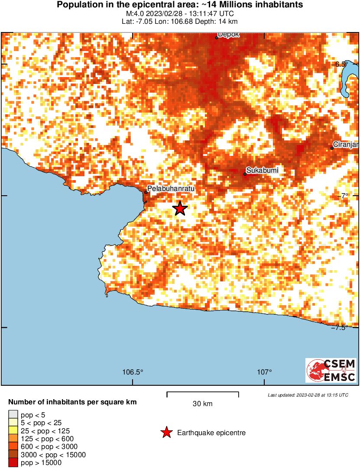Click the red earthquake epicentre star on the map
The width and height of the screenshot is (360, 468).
click(x=180, y=209)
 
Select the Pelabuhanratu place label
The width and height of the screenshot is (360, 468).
click(x=170, y=189)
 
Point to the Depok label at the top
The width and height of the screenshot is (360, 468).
click(x=229, y=35)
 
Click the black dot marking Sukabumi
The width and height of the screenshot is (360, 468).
click(x=245, y=174)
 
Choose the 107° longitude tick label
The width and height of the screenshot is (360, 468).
click(x=265, y=372)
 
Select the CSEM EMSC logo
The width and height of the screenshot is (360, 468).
click(x=331, y=370)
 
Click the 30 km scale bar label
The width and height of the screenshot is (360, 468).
click(x=202, y=404)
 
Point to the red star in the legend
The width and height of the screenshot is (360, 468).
click(x=166, y=432)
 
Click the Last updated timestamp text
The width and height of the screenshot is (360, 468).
click(x=308, y=395)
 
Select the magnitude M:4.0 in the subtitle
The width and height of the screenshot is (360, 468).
click(x=134, y=14)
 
